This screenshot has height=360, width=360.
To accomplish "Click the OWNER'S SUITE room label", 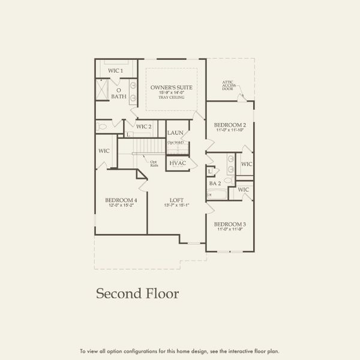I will pyautogui.click(x=172, y=88).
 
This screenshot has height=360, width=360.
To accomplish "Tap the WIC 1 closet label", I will pyautogui.click(x=115, y=71).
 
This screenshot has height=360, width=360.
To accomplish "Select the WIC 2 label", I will pyautogui.click(x=143, y=127).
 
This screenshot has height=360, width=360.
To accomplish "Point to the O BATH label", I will pyautogui.click(x=118, y=94).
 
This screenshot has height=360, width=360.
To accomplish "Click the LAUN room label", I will pyautogui.click(x=175, y=133).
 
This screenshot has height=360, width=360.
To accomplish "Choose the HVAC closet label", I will pyautogui.click(x=177, y=163).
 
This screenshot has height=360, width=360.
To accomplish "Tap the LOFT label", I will pyautogui.click(x=176, y=200).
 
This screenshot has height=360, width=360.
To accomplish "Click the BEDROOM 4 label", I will pyautogui.click(x=121, y=200).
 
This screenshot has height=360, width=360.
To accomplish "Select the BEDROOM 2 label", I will pyautogui.click(x=230, y=125).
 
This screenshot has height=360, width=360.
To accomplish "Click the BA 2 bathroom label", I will pyautogui.click(x=215, y=183).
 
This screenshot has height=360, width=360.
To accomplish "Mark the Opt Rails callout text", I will pyautogui.click(x=154, y=163).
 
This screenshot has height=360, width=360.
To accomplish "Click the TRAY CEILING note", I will pyautogui.click(x=172, y=97).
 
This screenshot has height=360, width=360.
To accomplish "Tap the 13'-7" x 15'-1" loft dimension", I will pyautogui.click(x=176, y=206).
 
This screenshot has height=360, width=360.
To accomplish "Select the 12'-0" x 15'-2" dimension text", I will pyautogui.click(x=121, y=206).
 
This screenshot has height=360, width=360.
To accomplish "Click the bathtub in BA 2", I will pyautogui.click(x=217, y=194).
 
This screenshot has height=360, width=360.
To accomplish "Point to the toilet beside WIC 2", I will pyautogui.click(x=103, y=127).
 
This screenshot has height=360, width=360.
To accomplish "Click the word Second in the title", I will pyautogui.click(x=118, y=293).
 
